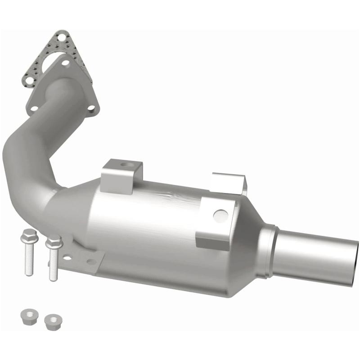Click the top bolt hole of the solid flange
click(66, 63)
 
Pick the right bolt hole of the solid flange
click(91, 108)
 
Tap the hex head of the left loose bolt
click(28, 234)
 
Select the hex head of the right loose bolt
click(54, 242)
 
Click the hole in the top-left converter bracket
click(125, 165)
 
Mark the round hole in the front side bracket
click(220, 216)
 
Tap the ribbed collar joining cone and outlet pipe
click(268, 250)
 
